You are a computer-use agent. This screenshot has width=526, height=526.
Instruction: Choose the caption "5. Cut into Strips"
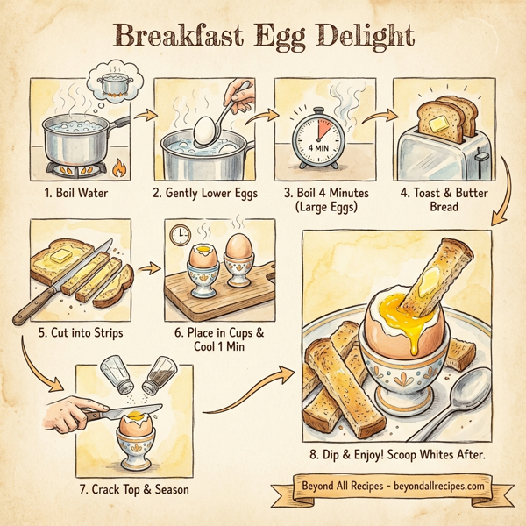pos(80,333)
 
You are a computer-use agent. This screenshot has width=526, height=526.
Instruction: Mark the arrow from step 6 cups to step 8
pos(254,399)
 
